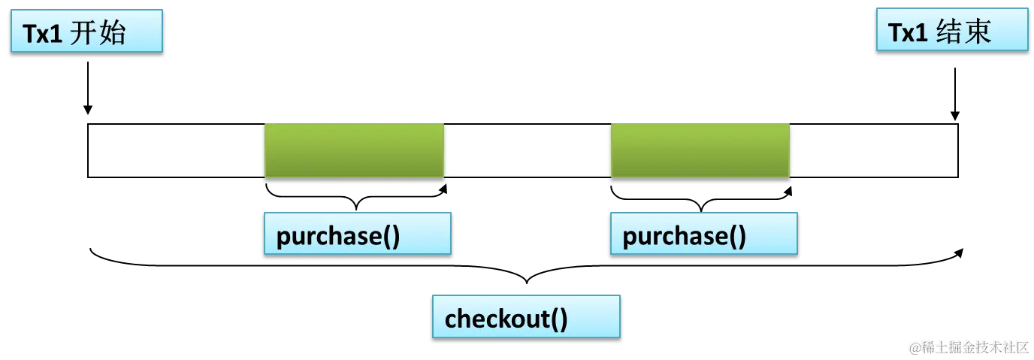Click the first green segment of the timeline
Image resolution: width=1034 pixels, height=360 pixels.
(354, 150)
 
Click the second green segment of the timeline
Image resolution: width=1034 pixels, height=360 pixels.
(700, 150)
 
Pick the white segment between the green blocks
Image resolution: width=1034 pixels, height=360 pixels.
(528, 150)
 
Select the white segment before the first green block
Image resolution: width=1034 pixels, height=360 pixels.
(176, 150)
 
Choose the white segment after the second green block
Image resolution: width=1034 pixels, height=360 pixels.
(875, 150)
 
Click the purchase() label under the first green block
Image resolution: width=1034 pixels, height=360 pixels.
(357, 234)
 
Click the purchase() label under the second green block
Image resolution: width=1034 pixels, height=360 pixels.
(703, 234)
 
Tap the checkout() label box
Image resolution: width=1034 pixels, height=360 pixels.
(526, 316)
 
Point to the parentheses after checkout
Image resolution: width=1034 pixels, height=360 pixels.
(559, 319)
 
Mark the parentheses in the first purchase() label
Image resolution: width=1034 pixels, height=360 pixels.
(391, 237)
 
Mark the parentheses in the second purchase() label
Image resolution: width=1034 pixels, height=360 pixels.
(737, 237)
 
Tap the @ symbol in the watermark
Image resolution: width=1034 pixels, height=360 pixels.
(914, 347)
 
